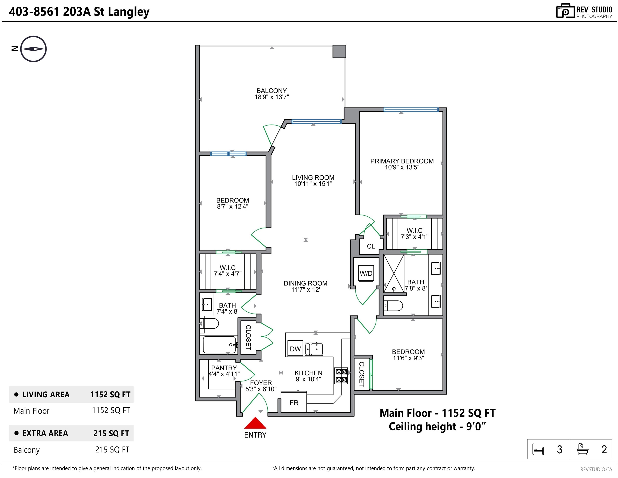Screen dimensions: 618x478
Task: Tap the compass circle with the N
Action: coord(33,49)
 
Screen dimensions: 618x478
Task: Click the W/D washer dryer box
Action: coord(366,273)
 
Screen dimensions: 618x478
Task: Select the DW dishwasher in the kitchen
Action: coord(295,349)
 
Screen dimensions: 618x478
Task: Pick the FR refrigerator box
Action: coord(294,402)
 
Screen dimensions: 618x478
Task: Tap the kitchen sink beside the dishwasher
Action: coord(314,349)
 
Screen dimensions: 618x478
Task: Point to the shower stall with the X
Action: coord(394,273)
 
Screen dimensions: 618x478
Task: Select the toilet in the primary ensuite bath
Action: coord(393,305)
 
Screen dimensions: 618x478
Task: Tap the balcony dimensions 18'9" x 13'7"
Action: coord(272,97)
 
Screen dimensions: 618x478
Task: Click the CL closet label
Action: coord(371,246)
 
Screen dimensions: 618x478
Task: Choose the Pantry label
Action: coord(224,368)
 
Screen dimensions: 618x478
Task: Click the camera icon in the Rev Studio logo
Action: coord(565,11)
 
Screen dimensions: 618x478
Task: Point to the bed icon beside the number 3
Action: coord(538,449)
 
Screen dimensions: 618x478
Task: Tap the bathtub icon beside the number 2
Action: coord(583,449)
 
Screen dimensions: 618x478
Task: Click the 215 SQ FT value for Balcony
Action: coord(112,449)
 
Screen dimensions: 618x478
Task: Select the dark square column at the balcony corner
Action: coord(339,51)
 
